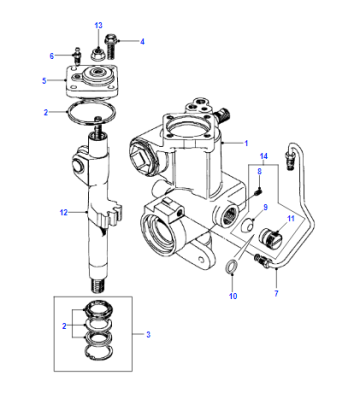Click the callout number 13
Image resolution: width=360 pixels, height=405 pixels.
(x=98, y=25)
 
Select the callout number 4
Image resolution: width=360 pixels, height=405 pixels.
(x=142, y=42)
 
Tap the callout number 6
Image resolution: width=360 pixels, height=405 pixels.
(x=52, y=56)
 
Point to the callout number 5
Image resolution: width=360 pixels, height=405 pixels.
(x=44, y=81)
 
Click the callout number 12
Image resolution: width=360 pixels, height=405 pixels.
(x=64, y=212)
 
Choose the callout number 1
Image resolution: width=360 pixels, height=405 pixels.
(x=246, y=143)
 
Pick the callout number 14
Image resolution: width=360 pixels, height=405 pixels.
(x=264, y=156)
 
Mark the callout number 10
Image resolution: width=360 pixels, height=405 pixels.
(x=233, y=296)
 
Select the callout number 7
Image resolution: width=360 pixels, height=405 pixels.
(x=276, y=293)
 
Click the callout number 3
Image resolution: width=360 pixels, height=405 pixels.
(x=148, y=334)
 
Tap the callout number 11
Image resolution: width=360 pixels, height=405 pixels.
(x=291, y=219)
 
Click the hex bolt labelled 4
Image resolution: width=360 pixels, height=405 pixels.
(x=110, y=46)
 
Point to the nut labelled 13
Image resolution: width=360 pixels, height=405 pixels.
(x=97, y=53)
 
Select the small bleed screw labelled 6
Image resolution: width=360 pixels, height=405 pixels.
(x=77, y=57)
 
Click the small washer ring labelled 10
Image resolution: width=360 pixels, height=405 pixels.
(x=232, y=266)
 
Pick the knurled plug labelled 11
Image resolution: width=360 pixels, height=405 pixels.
(x=271, y=238)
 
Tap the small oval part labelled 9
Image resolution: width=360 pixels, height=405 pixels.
(x=247, y=226)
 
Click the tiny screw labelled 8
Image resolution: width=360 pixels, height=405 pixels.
(x=260, y=191)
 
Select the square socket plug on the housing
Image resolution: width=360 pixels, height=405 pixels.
(x=140, y=158)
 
